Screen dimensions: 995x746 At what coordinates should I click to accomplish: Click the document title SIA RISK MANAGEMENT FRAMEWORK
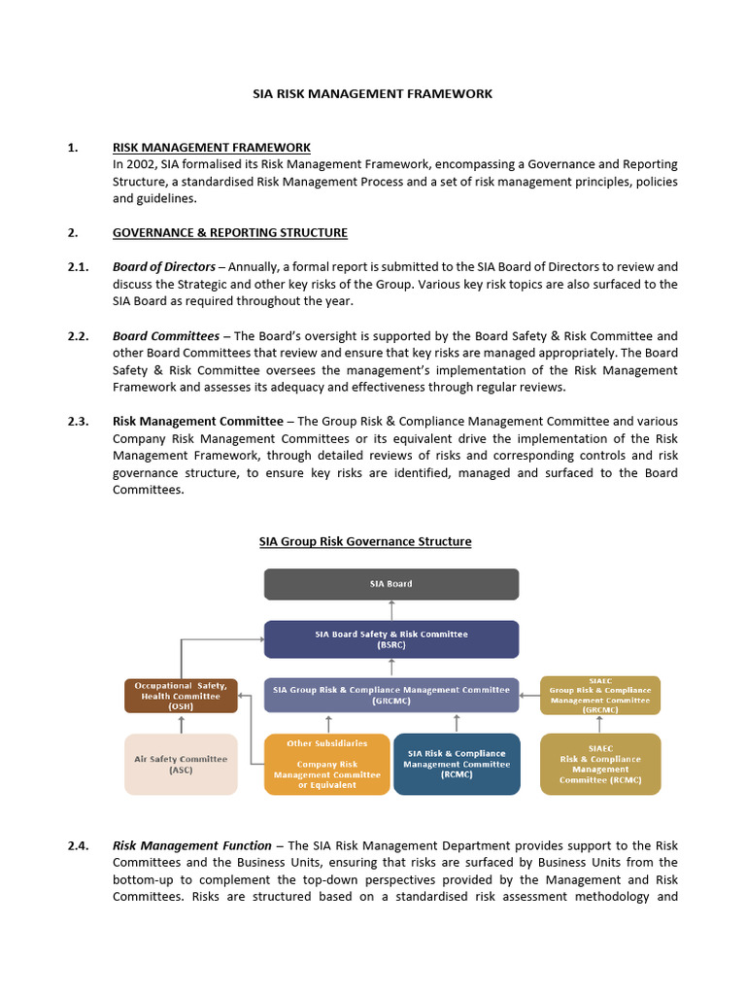(372, 94)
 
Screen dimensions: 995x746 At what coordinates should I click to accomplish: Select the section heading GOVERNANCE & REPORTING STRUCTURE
(229, 233)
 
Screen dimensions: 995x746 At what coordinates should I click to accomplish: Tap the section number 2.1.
(78, 266)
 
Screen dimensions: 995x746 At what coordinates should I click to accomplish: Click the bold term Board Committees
(165, 336)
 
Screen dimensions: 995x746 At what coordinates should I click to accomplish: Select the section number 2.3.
(78, 421)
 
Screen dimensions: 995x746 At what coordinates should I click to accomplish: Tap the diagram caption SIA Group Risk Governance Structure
(364, 541)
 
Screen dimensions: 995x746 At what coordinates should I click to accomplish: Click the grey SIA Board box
(391, 584)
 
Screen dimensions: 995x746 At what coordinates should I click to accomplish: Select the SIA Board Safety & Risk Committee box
(391, 639)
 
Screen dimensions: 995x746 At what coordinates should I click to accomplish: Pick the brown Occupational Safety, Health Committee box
(181, 696)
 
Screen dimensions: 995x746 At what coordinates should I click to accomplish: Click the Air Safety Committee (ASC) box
(181, 765)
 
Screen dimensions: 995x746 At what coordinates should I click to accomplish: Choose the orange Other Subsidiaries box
(326, 765)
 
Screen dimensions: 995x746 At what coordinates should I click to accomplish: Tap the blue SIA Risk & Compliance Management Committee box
(456, 765)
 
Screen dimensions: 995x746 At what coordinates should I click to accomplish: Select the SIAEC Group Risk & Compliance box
(599, 696)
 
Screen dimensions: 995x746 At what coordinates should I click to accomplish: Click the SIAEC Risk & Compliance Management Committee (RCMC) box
(599, 765)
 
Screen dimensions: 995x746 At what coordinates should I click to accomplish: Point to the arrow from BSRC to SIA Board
(391, 610)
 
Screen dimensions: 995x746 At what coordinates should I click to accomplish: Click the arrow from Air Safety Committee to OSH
(181, 724)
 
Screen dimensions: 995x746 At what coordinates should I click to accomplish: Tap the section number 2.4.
(78, 845)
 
